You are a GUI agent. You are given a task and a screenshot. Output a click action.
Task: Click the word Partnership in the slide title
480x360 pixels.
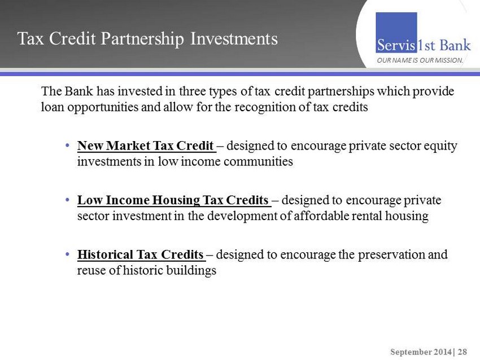142,39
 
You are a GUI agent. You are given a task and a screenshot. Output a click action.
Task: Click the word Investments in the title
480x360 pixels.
234,38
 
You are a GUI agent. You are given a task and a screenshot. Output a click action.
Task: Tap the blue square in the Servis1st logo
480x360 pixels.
396,32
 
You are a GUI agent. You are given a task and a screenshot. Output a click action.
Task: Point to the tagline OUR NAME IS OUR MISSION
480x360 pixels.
420,60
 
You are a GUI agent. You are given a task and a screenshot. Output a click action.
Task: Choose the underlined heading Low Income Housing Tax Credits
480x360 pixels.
173,200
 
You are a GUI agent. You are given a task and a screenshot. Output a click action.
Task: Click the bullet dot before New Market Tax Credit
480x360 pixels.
67,146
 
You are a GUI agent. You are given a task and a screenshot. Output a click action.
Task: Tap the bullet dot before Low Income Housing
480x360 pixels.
67,200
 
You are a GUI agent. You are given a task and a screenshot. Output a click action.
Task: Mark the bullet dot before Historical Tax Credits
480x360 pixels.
67,254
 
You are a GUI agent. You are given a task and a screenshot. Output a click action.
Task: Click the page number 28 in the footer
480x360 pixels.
462,352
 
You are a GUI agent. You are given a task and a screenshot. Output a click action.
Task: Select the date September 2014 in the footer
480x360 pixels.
421,352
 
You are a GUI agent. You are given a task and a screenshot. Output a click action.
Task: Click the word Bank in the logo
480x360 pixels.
455,45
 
